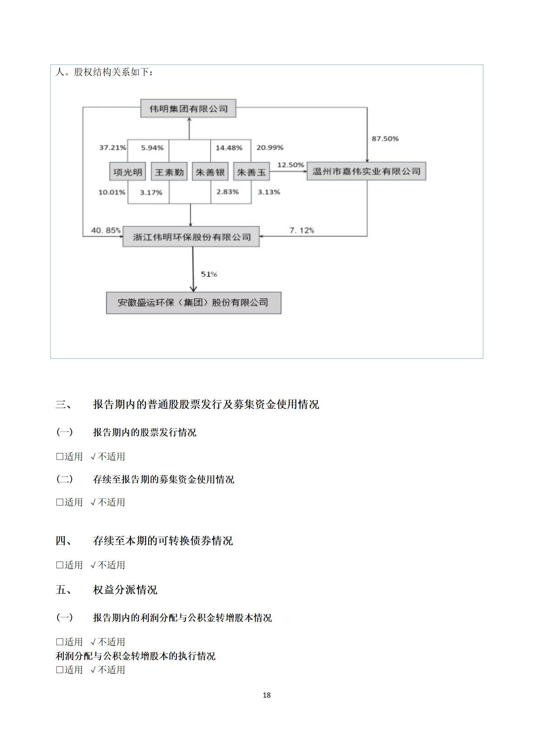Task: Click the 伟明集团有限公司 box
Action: [188, 108]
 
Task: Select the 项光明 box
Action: [128, 172]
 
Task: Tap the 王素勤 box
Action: [169, 172]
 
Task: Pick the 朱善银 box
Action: [210, 172]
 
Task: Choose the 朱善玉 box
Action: [252, 172]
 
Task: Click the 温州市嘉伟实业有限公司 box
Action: [366, 172]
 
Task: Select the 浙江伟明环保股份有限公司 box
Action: [191, 237]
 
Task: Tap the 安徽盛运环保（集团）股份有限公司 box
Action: [193, 303]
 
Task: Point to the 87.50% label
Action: [385, 139]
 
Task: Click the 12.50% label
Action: [291, 165]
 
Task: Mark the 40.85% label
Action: [106, 230]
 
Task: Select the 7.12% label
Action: [302, 230]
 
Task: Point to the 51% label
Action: [209, 274]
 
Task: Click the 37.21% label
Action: [113, 147]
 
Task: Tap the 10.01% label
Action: [112, 192]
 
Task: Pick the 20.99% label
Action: [270, 147]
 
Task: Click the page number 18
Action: [267, 702]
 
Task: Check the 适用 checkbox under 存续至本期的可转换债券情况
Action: [60, 565]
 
